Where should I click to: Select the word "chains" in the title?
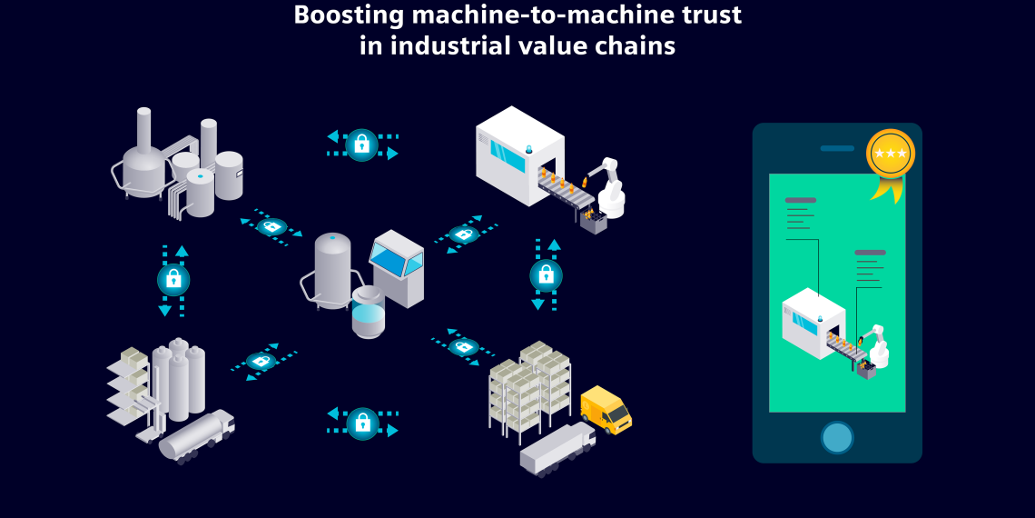click(641, 45)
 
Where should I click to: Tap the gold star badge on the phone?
click(890, 154)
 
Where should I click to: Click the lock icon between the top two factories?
click(362, 144)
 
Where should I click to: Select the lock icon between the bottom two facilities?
click(362, 423)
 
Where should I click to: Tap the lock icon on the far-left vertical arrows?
click(173, 280)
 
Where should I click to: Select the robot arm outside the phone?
click(609, 186)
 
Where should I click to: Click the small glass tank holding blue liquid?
click(369, 314)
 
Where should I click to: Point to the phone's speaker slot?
click(837, 148)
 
